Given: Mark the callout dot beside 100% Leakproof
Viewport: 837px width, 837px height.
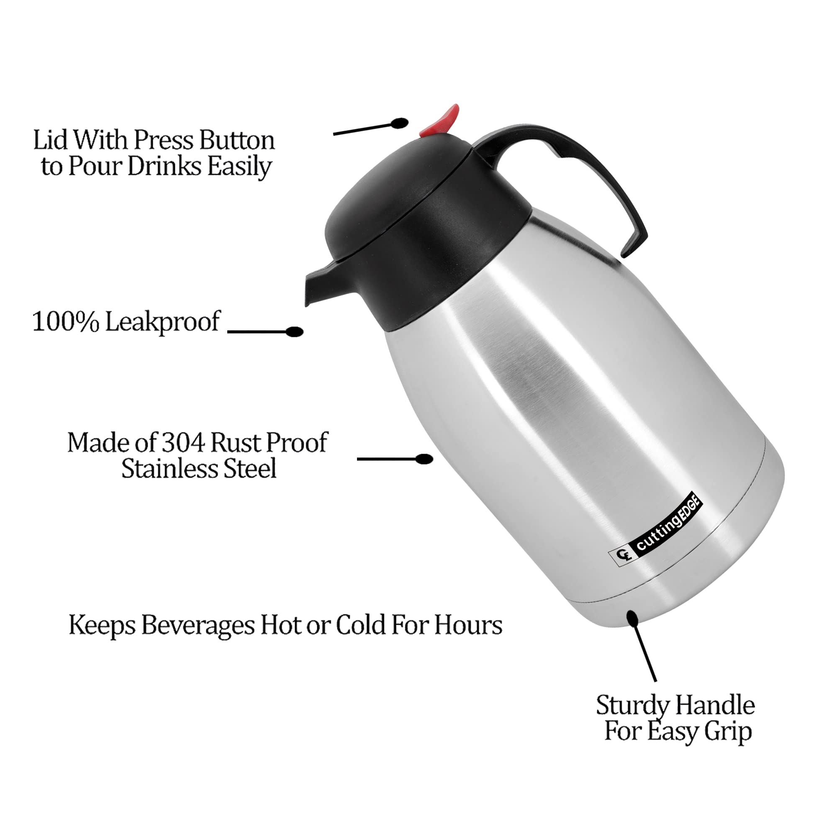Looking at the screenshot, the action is click(x=295, y=332).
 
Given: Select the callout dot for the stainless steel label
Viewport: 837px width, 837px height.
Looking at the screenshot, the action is click(x=424, y=459).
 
